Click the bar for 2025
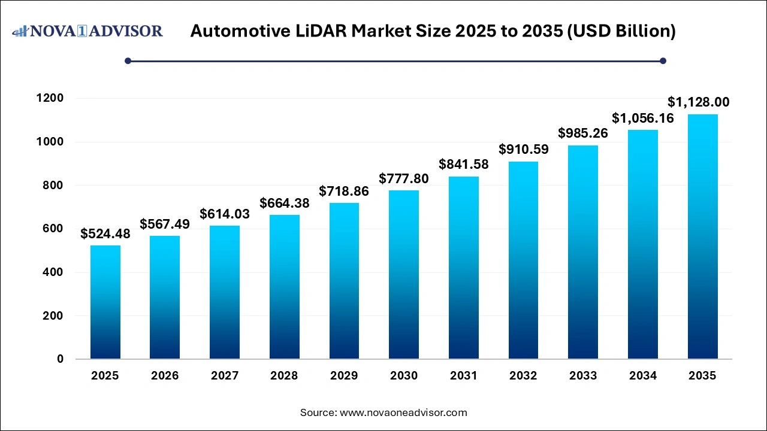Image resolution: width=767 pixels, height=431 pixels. click(105, 302)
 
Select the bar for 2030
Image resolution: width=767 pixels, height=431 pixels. click(404, 275)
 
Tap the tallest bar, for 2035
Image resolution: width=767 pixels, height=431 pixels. click(702, 236)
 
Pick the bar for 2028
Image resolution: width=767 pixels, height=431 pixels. click(284, 287)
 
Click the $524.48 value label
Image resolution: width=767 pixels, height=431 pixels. click(105, 234)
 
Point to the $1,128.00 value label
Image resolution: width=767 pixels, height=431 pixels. click(699, 102)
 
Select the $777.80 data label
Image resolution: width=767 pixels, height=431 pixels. click(404, 178)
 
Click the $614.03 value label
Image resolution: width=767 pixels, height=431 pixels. click(225, 214)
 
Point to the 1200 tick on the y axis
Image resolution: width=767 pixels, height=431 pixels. click(51, 98)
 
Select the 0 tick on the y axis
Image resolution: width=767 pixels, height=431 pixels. click(60, 359)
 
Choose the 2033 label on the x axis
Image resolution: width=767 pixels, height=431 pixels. click(583, 376)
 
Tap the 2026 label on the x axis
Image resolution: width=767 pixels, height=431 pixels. click(165, 376)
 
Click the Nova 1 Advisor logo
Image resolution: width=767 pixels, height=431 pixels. click(87, 31)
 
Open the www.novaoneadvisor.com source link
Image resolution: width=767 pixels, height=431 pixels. click(403, 412)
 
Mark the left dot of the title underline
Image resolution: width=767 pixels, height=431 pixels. click(128, 60)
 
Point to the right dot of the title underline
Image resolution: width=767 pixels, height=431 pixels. click(663, 60)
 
